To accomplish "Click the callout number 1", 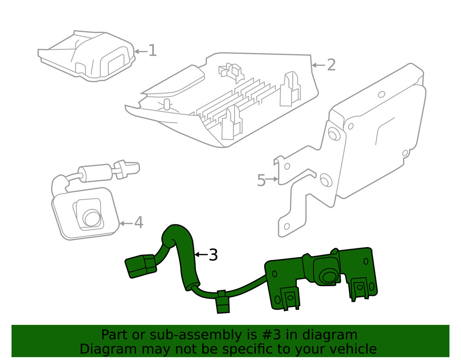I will [x=152, y=51].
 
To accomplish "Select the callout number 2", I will [x=331, y=65].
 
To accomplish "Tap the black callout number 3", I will [x=213, y=255].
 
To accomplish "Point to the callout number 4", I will [x=138, y=223].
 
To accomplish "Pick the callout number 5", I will [x=261, y=180].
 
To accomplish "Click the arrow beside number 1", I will [x=140, y=51].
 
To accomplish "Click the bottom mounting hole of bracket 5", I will [x=287, y=226].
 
